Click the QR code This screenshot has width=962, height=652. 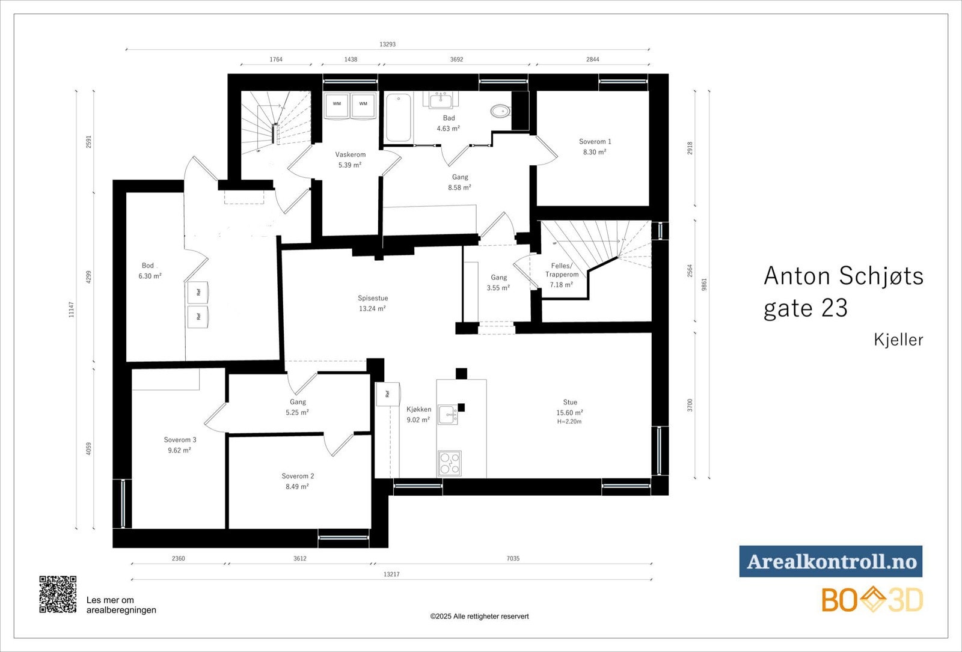click(58, 594)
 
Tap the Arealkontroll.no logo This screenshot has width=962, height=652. click(830, 561)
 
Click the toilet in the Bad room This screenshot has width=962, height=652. click(500, 111)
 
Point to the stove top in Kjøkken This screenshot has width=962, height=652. click(449, 463)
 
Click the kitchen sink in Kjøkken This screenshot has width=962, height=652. click(447, 415)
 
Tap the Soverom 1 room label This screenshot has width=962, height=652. click(595, 142)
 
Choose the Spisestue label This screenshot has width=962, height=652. click(373, 298)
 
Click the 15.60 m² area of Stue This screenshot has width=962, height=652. click(569, 413)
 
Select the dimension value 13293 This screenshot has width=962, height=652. click(387, 44)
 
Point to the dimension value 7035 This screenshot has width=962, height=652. click(512, 559)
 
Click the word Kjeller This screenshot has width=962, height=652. click(898, 340)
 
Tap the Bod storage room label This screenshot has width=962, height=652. click(148, 266)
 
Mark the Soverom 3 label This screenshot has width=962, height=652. click(180, 440)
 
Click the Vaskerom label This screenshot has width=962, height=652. click(351, 154)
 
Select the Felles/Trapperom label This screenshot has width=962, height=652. click(562, 270)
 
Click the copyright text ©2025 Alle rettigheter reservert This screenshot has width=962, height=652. click(479, 616)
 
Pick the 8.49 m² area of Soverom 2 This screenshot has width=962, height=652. click(297, 487)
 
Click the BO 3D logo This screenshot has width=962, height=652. click(872, 600)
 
